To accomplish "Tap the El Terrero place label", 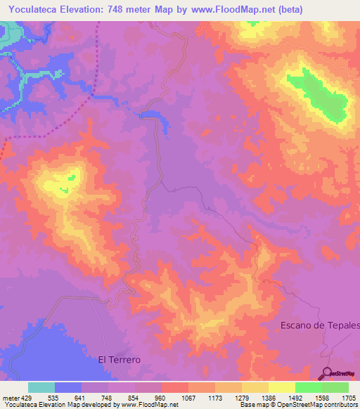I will click(x=119, y=359).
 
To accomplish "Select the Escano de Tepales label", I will click(x=320, y=325).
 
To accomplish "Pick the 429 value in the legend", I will click(x=27, y=398).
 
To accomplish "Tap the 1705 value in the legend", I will click(x=349, y=398).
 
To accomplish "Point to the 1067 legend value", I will click(x=188, y=398).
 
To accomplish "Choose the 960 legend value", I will click(x=162, y=398).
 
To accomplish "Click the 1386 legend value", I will click(x=269, y=398).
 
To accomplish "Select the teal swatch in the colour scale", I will click(x=41, y=387).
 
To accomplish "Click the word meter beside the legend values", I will click(x=10, y=398).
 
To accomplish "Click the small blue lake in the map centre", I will click(x=156, y=117).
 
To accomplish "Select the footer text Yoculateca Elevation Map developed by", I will click(x=59, y=405).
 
